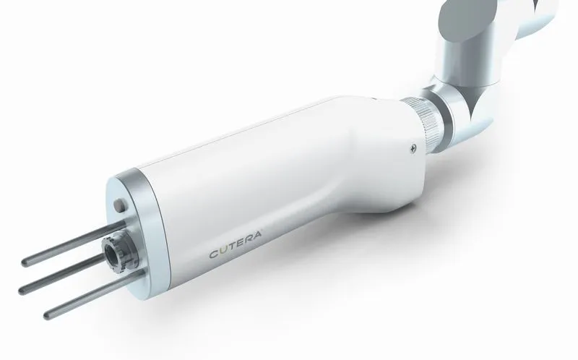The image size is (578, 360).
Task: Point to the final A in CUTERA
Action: pyautogui.click(x=257, y=236)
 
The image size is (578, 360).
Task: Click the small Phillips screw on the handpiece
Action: pyautogui.click(x=413, y=148)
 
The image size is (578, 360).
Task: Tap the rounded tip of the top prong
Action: pyautogui.click(x=25, y=262)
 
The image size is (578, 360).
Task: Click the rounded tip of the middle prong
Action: pyautogui.click(x=22, y=290)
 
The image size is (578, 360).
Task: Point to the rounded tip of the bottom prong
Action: pyautogui.click(x=47, y=315)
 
